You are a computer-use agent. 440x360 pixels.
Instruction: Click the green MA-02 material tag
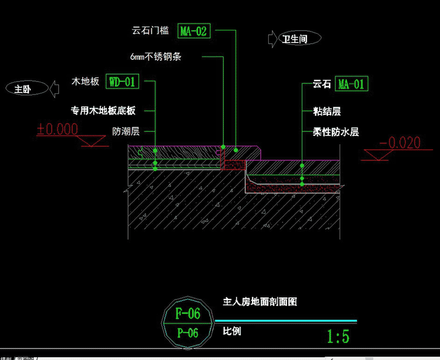click(194, 31)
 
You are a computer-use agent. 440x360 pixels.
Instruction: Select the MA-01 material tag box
click(351, 84)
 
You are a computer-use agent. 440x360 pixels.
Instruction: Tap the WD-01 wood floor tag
click(122, 82)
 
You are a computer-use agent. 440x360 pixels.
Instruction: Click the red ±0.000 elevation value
click(58, 129)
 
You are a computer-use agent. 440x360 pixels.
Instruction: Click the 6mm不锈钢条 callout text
click(156, 57)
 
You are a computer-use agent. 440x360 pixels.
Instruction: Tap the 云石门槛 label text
click(151, 31)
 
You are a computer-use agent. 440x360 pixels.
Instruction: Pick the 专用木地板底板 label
click(103, 111)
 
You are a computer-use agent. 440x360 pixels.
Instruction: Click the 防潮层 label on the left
click(126, 131)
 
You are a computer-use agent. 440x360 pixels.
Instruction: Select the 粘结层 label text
click(327, 112)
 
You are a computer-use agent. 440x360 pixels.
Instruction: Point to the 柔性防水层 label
click(336, 132)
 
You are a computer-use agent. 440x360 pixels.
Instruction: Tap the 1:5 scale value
click(338, 337)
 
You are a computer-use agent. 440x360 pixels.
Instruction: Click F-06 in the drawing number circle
click(188, 314)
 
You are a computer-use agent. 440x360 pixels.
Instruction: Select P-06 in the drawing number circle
click(188, 333)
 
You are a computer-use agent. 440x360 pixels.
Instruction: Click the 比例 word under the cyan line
click(232, 331)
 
